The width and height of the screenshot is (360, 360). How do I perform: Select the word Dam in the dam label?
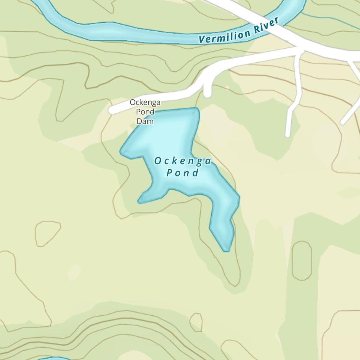pos(145,121)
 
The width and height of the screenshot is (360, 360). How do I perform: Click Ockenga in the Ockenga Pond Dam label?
pos(145,103)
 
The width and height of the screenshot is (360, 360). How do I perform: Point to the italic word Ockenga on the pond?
pos(183,161)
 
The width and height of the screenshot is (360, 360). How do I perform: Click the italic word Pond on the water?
pos(183,173)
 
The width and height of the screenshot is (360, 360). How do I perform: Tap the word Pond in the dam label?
pos(145,112)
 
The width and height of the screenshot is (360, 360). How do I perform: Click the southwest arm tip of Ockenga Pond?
pos(140,202)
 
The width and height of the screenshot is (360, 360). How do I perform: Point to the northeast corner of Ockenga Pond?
pos(197,109)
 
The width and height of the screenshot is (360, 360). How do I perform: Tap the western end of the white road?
pos(112,110)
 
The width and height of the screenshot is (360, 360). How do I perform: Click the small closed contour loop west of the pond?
pos(47,233)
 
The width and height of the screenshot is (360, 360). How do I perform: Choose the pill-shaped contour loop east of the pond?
pos(302,261)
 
